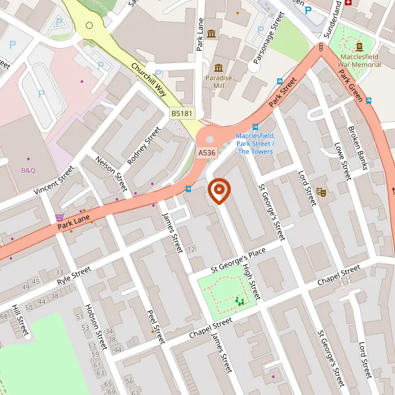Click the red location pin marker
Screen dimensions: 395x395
(x=219, y=191)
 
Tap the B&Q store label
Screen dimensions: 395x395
(x=28, y=171)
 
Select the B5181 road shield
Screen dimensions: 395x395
(x=182, y=114)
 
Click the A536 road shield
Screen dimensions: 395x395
(x=207, y=153)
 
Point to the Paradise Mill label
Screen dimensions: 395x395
(x=219, y=82)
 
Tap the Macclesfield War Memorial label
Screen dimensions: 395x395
(x=359, y=61)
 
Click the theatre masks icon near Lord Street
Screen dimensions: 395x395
(x=322, y=191)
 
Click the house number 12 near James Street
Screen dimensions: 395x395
(x=192, y=250)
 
